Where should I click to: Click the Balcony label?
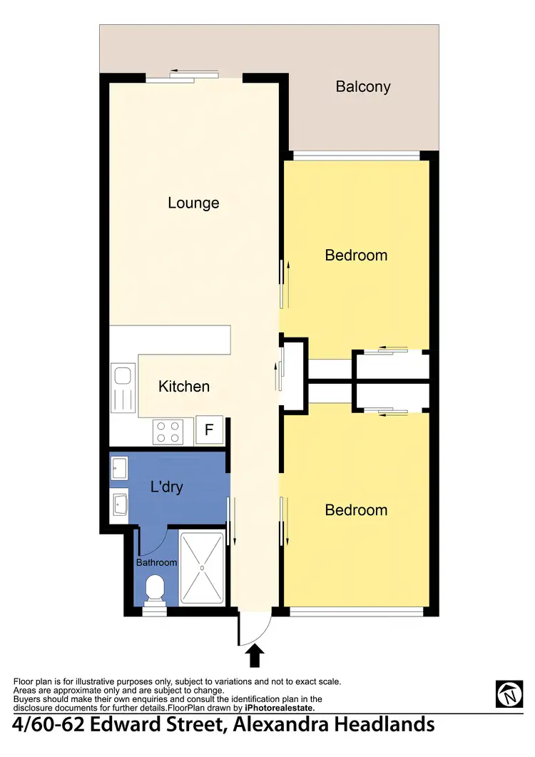(x=363, y=87)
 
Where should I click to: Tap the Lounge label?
(x=193, y=203)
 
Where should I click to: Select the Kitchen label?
(x=184, y=387)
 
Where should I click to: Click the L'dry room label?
(x=167, y=488)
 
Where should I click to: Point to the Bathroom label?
(x=157, y=563)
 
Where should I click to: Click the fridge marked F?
(x=209, y=430)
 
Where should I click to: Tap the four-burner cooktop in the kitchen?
(x=168, y=431)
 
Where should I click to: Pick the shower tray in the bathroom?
(x=202, y=568)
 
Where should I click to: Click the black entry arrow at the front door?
(x=255, y=654)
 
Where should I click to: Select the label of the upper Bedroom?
(x=356, y=255)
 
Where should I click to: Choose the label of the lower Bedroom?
(x=356, y=510)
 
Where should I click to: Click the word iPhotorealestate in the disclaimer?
(x=279, y=708)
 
